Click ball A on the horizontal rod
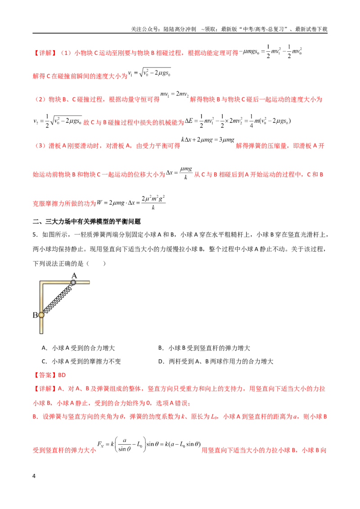[73, 282]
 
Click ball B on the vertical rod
[41, 315]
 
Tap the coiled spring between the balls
[58, 299]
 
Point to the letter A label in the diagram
[74, 276]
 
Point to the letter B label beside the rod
[35, 315]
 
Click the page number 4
[34, 476]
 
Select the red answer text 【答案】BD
[49, 375]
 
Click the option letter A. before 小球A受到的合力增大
[45, 348]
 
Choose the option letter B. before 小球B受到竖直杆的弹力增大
[161, 348]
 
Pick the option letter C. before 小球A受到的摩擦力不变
[45, 362]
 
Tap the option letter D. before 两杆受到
[162, 362]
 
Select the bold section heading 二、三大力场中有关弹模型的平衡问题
[87, 222]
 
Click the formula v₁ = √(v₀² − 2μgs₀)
[149, 73]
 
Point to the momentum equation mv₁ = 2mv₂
[175, 94]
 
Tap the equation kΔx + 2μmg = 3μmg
[207, 140]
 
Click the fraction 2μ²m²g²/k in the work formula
[153, 202]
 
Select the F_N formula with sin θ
[149, 444]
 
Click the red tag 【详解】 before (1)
[45, 53]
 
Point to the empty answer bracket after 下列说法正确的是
[96, 263]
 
